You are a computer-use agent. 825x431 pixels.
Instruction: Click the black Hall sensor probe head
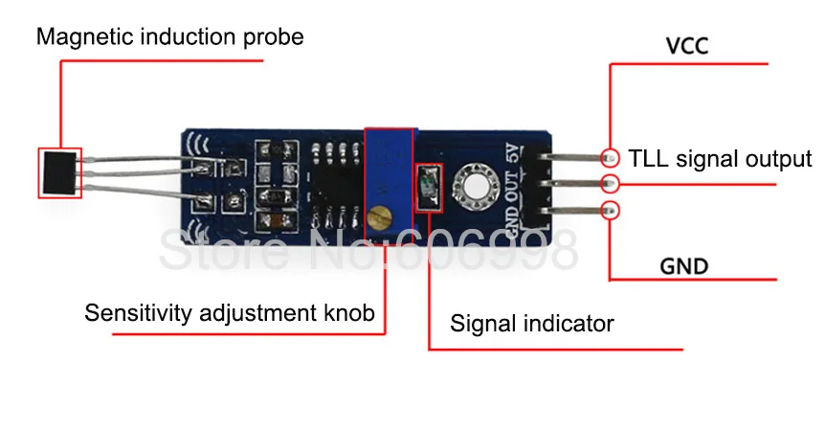point(60,171)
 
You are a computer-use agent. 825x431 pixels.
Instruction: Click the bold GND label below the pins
point(684,265)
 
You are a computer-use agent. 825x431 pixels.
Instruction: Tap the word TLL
point(649,158)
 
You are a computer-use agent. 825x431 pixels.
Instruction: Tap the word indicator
point(570,323)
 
